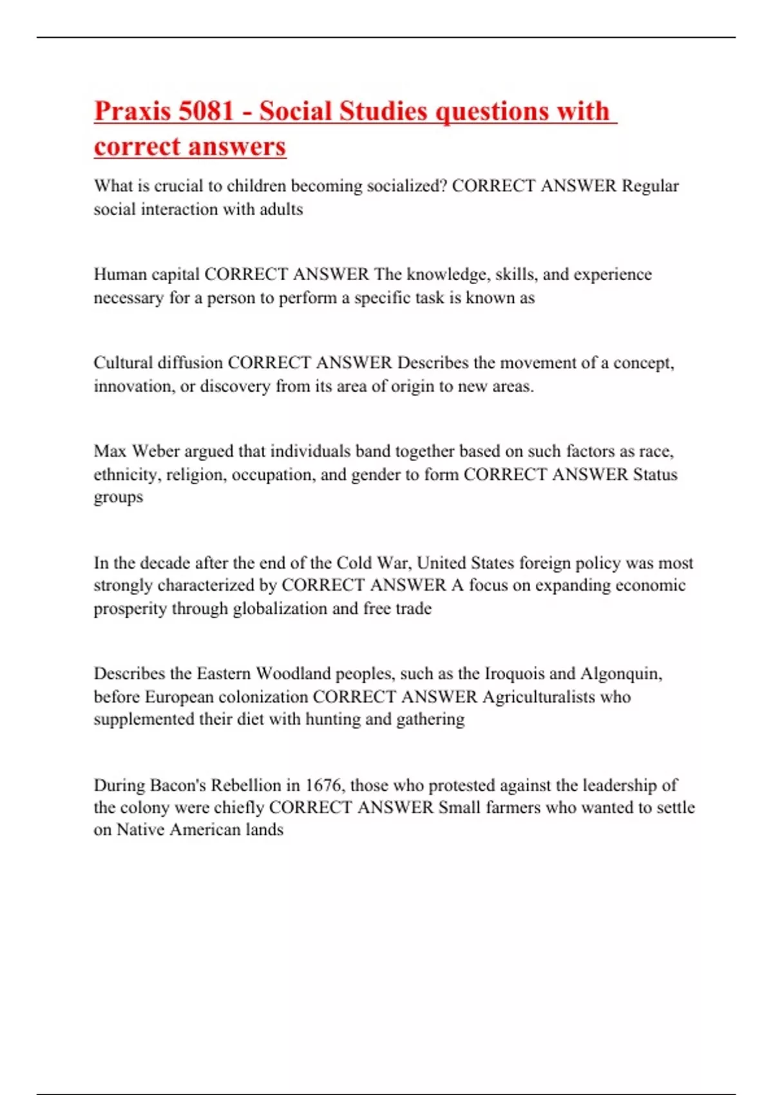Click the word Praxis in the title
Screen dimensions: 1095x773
point(133,111)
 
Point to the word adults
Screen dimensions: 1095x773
point(281,209)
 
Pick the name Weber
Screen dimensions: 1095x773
point(155,451)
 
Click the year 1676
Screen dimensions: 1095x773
point(323,785)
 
